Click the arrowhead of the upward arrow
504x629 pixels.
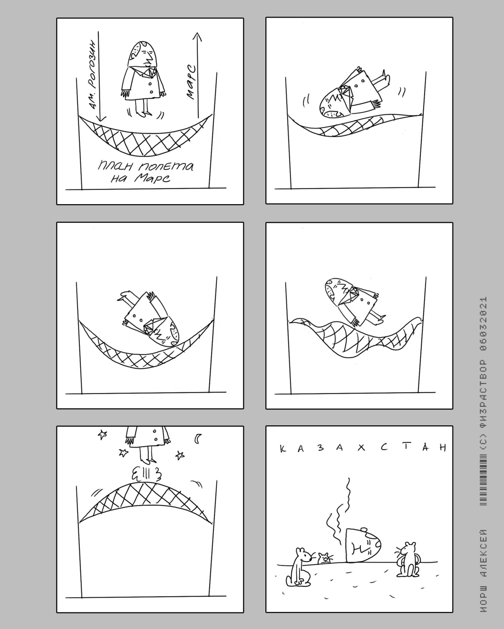point(197,37)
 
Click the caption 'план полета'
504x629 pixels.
point(145,167)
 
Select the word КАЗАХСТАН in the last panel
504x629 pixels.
point(363,448)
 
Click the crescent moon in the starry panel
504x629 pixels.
point(198,439)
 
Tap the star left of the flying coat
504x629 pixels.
point(102,434)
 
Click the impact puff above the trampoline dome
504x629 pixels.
point(147,475)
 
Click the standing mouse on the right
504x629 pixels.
point(408,559)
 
